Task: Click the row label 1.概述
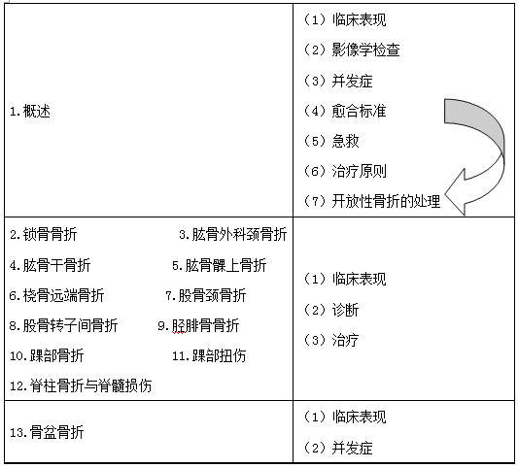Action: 30,112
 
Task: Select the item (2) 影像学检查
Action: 352,50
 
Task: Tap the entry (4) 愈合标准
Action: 345,111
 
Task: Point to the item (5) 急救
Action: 331,141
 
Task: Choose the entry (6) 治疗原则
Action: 345,171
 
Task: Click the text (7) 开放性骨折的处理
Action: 372,201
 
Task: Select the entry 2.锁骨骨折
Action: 44,235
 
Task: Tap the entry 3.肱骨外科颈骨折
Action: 233,235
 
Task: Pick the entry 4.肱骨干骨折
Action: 50,265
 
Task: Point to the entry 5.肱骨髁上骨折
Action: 220,265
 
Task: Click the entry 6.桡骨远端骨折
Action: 56,295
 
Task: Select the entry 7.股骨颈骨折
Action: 206,295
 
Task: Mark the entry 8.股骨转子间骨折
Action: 63,325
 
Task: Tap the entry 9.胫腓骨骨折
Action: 199,325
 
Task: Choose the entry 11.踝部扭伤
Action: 209,355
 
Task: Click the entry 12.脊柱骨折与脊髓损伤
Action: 81,385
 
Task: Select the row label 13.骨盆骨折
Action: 47,432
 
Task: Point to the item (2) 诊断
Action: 331,310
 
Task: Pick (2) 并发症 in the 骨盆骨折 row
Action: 338,448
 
